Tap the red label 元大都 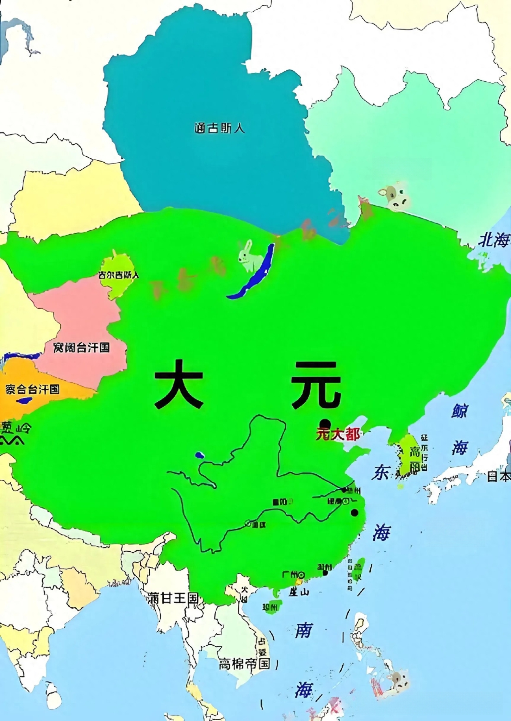[x=338, y=434]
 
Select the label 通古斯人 [x=219, y=128]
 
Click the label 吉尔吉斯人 [x=119, y=275]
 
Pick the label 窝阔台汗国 [x=81, y=348]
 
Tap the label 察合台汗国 [x=32, y=389]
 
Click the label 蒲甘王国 [x=173, y=598]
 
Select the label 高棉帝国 [x=244, y=664]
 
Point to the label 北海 [x=493, y=241]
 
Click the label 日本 [x=499, y=476]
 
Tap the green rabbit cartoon [x=250, y=257]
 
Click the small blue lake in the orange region [x=25, y=400]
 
